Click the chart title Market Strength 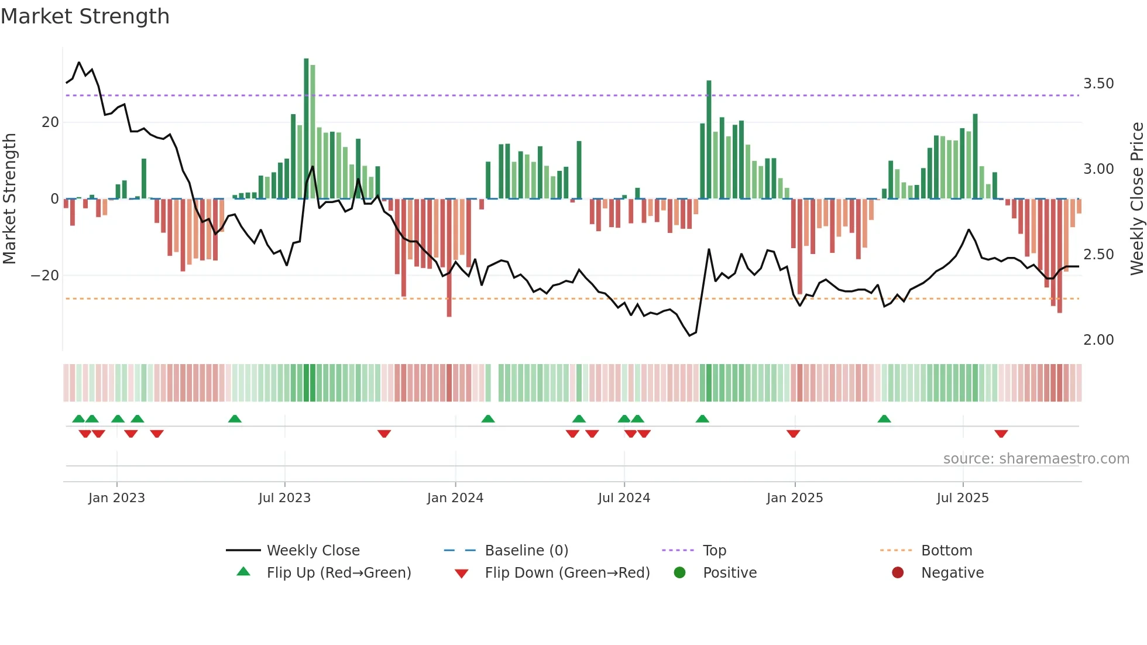click(85, 16)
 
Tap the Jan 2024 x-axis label click(455, 498)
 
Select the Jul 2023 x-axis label click(284, 498)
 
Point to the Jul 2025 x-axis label click(962, 498)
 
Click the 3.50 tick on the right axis click(1098, 84)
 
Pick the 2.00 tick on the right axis click(1098, 340)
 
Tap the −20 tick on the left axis click(44, 276)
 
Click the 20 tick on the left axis click(50, 122)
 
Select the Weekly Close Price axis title click(1136, 199)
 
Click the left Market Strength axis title click(9, 199)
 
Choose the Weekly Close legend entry click(312, 551)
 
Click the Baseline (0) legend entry click(526, 551)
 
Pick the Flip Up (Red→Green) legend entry click(338, 573)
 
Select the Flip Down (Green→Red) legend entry click(566, 573)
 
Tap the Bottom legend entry click(946, 551)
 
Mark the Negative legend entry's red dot click(897, 573)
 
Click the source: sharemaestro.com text click(1036, 459)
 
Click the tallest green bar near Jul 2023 click(306, 129)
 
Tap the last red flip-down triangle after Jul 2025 click(1001, 434)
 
